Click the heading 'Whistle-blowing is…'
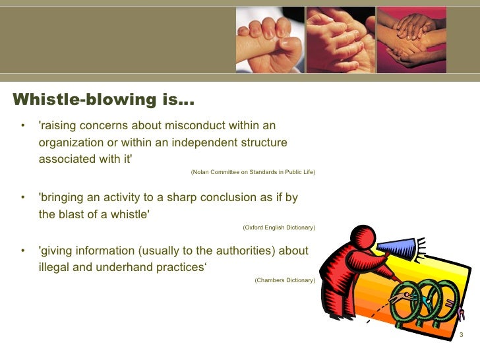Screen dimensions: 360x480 click(x=104, y=100)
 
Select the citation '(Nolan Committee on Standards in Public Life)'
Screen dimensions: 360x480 click(x=253, y=172)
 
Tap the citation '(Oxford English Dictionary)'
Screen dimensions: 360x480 click(x=278, y=227)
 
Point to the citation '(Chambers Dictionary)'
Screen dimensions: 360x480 click(x=284, y=280)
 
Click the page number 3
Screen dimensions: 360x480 click(x=461, y=336)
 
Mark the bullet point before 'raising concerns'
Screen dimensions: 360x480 click(x=23, y=126)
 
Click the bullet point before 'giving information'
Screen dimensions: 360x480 click(x=23, y=251)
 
